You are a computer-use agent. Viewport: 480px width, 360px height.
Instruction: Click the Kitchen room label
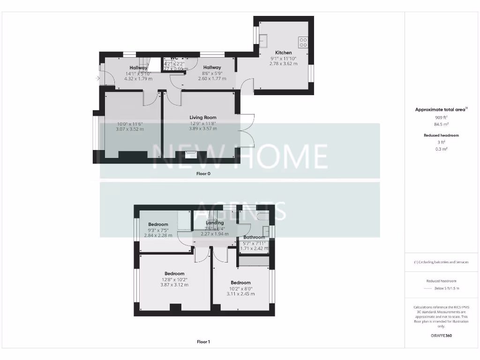click(x=283, y=52)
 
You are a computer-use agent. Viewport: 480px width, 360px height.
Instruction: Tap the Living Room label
click(x=202, y=117)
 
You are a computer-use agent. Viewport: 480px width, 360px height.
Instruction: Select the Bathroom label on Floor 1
click(x=255, y=237)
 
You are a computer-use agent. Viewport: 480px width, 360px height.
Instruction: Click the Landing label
click(x=215, y=223)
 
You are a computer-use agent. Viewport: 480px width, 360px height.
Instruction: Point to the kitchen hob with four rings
click(x=303, y=42)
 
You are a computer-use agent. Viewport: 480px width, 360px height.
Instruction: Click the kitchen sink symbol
click(x=264, y=39)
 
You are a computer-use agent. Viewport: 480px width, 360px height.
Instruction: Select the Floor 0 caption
click(x=203, y=173)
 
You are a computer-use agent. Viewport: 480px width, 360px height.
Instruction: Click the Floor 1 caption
click(x=203, y=342)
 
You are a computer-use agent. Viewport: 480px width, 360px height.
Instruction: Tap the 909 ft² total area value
click(x=441, y=117)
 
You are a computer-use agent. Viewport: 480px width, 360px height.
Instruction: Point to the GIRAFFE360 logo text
click(x=441, y=336)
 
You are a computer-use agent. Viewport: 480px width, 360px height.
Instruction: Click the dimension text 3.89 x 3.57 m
click(x=202, y=128)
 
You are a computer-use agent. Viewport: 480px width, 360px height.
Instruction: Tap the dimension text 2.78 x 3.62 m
click(x=284, y=64)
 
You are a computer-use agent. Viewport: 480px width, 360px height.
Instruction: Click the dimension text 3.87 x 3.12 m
click(x=174, y=285)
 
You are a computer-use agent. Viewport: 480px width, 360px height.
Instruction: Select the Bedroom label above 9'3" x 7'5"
click(x=158, y=225)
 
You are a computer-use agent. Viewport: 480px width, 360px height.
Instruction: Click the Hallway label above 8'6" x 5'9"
click(x=212, y=67)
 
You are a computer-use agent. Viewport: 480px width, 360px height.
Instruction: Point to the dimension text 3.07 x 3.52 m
click(x=130, y=129)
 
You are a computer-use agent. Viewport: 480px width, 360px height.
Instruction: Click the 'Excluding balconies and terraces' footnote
click(x=441, y=262)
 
